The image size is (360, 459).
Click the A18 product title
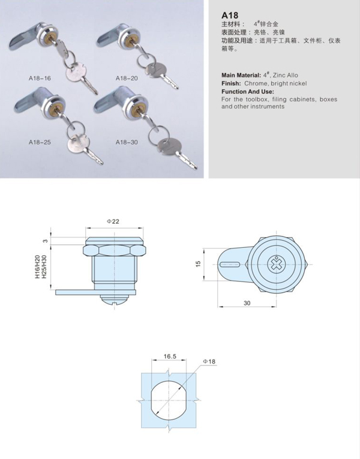230,15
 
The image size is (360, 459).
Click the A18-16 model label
40,78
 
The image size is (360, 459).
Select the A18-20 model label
127,78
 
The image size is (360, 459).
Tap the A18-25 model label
40,142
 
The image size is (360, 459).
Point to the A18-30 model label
127,142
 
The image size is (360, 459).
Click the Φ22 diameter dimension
113,221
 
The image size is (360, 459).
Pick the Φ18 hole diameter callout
209,362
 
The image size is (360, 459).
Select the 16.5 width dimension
170,356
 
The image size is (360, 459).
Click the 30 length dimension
247,303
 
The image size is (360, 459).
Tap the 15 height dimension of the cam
198,264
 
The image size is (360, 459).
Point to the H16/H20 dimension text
37,266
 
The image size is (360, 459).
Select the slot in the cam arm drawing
230,265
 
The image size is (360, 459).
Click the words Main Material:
241,75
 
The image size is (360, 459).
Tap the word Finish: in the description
231,83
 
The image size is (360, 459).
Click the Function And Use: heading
248,92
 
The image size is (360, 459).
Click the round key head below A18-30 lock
168,145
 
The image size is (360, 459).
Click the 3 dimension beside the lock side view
45,241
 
